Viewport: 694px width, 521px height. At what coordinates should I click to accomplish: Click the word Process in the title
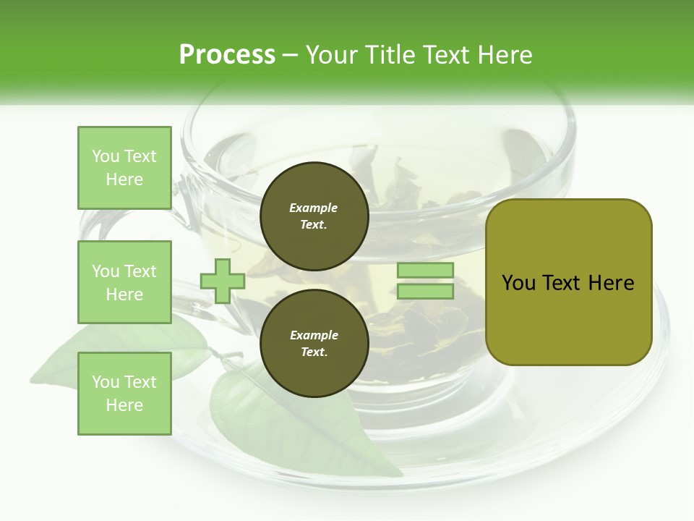(227, 55)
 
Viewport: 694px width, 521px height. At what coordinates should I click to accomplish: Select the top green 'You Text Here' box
(124, 168)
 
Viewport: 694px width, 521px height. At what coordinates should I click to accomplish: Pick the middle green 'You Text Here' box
(124, 282)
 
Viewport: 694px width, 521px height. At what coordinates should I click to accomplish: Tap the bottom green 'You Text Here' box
(124, 394)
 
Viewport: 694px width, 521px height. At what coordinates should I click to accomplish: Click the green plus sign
(223, 281)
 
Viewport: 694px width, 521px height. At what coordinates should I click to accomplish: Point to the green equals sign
(426, 281)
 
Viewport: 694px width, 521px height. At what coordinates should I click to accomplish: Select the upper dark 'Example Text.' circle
(314, 216)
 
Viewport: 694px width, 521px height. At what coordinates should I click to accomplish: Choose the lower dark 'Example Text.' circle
(314, 344)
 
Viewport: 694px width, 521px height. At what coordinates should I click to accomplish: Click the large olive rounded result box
(568, 281)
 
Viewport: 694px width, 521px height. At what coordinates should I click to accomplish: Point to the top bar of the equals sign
(426, 271)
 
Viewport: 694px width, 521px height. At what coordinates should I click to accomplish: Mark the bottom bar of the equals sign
(426, 292)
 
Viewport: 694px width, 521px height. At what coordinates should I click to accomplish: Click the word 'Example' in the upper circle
(314, 208)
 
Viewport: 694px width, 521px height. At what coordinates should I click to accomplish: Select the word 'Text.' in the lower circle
(314, 352)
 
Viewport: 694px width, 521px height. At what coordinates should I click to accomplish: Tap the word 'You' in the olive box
(519, 283)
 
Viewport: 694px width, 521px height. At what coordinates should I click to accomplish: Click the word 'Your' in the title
(330, 55)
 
